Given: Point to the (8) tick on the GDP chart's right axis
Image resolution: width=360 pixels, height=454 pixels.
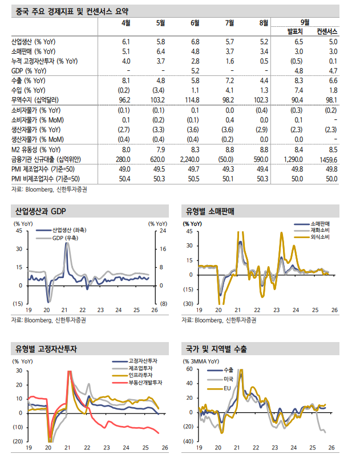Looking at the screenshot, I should [162, 303].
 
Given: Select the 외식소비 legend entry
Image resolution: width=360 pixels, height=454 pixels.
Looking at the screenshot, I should [323, 236].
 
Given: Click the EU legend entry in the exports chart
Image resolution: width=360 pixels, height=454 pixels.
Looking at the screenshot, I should [228, 388].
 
